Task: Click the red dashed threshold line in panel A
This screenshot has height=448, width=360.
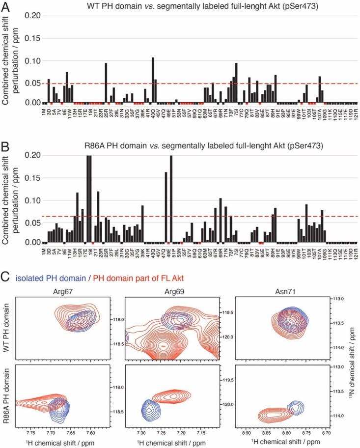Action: (196, 84)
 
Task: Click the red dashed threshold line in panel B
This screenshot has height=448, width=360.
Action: (196, 216)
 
